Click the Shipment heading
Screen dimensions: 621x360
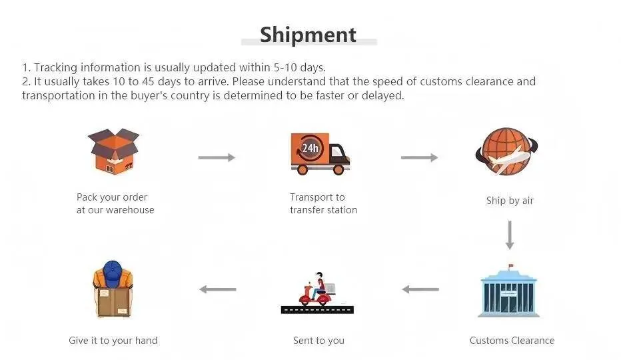click(x=308, y=35)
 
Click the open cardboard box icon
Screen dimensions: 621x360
click(x=114, y=151)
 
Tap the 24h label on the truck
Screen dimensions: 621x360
click(x=310, y=148)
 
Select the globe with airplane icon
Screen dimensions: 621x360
click(x=506, y=151)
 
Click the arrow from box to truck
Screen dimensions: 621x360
click(x=217, y=158)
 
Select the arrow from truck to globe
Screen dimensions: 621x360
click(x=419, y=158)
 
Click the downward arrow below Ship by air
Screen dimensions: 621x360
click(x=510, y=235)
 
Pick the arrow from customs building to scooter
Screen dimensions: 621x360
click(x=420, y=289)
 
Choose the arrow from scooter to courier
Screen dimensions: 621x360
click(x=218, y=289)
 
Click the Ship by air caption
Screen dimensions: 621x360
click(x=510, y=201)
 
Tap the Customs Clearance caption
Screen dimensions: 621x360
click(x=512, y=341)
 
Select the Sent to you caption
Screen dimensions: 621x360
click(x=318, y=341)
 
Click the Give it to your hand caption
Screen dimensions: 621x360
click(x=113, y=341)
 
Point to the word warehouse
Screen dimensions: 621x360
click(x=131, y=210)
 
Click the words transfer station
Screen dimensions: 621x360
click(x=324, y=210)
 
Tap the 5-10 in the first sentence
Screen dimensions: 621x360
click(x=285, y=67)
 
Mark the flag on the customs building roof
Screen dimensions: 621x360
click(x=510, y=265)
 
